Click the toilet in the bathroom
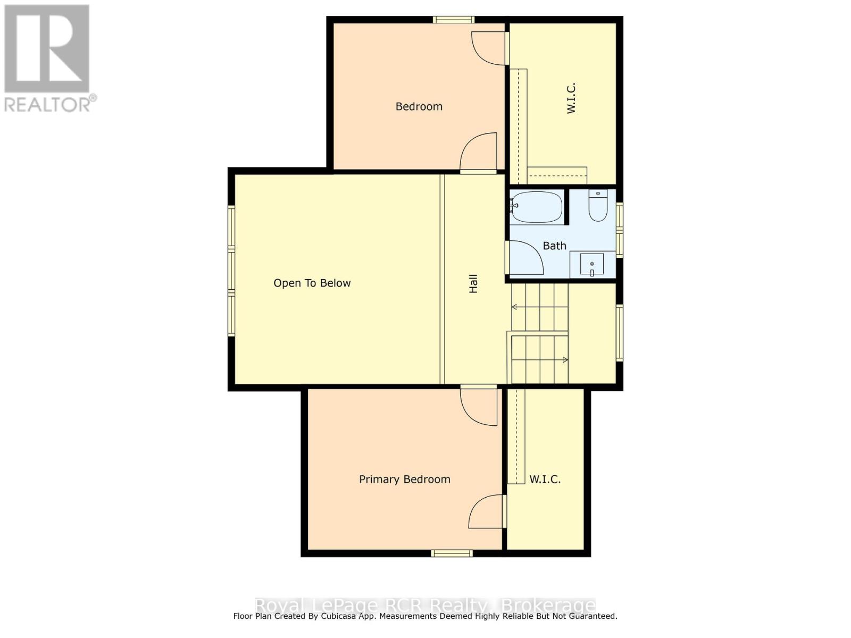point(598,206)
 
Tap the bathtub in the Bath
point(536,207)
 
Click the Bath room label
point(554,246)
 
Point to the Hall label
point(473,283)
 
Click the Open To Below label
point(312,283)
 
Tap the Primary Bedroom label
point(404,479)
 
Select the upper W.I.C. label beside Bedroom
point(571,98)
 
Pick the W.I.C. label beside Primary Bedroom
point(545,479)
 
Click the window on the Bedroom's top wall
point(453,20)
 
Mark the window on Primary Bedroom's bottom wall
point(452,553)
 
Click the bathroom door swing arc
point(527,258)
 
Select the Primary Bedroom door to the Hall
point(479,407)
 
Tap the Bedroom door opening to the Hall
point(479,153)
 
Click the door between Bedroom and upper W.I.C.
point(489,48)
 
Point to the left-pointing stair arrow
point(514,307)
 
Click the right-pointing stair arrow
point(565,360)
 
